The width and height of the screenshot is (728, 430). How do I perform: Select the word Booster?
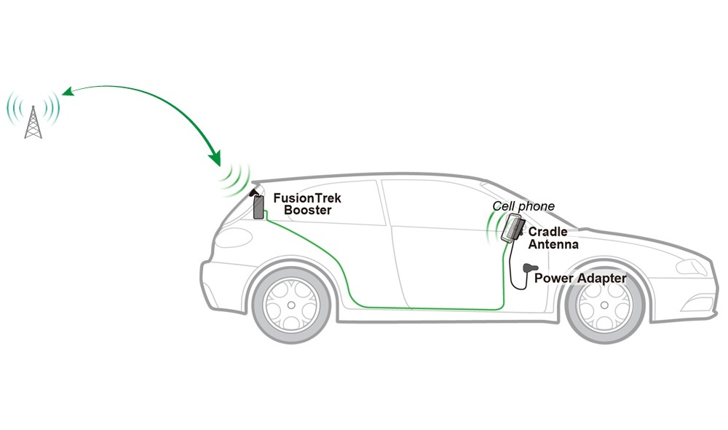307,210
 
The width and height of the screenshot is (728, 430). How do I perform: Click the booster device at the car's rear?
258,207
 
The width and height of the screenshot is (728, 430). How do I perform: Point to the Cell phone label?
523,206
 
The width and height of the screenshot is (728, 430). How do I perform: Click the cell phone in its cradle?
513,228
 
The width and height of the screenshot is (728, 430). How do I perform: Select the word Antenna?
553,244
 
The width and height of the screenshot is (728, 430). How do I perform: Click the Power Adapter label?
579,278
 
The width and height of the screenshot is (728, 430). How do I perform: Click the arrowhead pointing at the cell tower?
67,93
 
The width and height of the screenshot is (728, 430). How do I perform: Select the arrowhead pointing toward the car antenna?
215,156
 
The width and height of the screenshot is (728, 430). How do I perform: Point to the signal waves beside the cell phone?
494,230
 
